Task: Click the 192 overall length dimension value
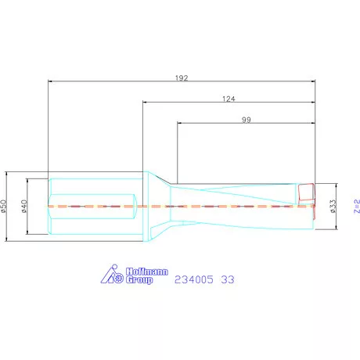pyautogui.click(x=182, y=77)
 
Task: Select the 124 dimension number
pyautogui.click(x=229, y=99)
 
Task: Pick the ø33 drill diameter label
pyautogui.click(x=333, y=207)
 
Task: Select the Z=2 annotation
pyautogui.click(x=355, y=207)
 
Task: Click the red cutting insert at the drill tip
pyautogui.click(x=306, y=195)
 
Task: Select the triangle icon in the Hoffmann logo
pyautogui.click(x=110, y=275)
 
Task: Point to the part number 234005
pyautogui.click(x=196, y=279)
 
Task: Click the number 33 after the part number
pyautogui.click(x=228, y=279)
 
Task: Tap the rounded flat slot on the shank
pyautogui.click(x=95, y=207)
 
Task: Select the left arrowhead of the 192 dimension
pyautogui.click(x=51, y=81)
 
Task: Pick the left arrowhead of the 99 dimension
pyautogui.click(x=180, y=123)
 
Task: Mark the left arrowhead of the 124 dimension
pyautogui.click(x=145, y=102)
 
